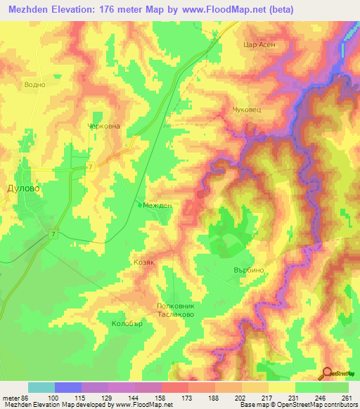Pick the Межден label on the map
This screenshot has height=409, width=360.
click(x=158, y=205)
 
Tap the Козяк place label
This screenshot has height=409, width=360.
click(x=143, y=261)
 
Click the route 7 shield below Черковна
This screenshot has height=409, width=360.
click(x=91, y=166)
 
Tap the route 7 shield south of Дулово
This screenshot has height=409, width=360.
click(x=53, y=233)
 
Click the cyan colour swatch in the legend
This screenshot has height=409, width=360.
click(x=41, y=387)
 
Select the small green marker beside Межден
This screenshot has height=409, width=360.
click(x=138, y=204)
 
